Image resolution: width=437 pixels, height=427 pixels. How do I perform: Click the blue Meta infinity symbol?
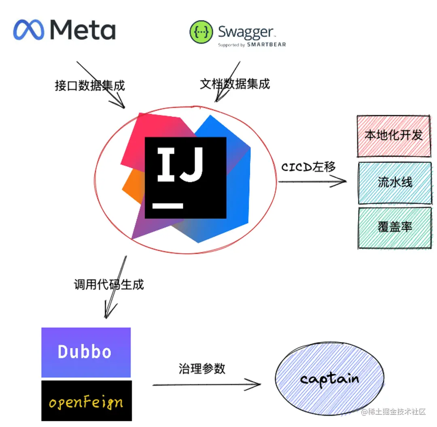click(30, 30)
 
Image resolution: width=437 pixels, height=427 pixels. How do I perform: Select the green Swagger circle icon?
click(201, 32)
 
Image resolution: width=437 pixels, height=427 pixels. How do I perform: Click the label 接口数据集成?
click(90, 85)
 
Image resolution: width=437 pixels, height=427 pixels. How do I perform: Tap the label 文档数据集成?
click(235, 84)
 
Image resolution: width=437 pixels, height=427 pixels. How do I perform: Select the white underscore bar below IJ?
click(168, 205)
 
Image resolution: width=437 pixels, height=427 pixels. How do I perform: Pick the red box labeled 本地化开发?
click(394, 136)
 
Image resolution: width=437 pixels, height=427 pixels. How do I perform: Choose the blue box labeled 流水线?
click(395, 182)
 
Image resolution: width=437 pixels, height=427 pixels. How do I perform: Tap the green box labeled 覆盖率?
click(395, 227)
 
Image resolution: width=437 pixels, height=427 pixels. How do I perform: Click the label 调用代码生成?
click(109, 284)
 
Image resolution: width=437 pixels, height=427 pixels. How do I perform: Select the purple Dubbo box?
click(86, 352)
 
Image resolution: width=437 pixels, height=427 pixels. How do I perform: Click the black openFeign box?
click(86, 401)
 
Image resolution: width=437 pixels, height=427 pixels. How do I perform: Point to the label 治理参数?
click(202, 369)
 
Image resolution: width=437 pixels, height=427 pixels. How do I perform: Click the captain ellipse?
click(329, 379)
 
